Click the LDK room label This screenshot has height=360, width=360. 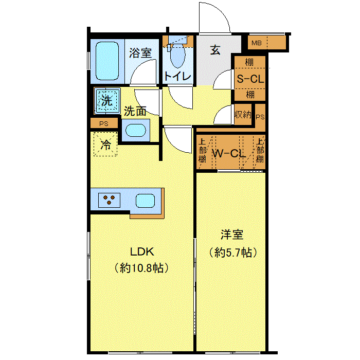point(142,252)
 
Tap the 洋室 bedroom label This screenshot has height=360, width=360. point(232,235)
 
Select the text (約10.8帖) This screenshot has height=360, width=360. point(141,267)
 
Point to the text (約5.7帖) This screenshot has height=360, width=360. point(233,253)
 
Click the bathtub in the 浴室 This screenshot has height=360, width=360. point(107,61)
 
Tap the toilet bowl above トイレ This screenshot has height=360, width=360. point(178,56)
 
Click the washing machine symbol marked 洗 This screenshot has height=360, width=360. point(107,101)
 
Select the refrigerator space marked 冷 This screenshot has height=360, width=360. point(105,144)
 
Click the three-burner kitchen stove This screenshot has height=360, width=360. point(109,200)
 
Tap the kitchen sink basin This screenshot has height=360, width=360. point(146,201)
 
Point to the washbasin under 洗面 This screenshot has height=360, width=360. point(136,130)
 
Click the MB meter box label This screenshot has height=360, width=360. point(257,43)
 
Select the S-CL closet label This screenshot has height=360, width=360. point(250,79)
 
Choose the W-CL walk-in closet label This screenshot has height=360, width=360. point(228,153)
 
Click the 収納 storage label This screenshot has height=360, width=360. point(243,115)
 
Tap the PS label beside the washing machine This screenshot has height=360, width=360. point(104,124)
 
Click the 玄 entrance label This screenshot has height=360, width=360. point(215,50)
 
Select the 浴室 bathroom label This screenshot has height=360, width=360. point(140,53)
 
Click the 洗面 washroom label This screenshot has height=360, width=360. point(135,111)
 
